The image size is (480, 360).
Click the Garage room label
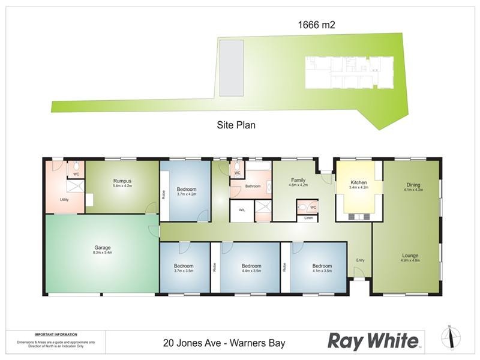[x=102, y=247]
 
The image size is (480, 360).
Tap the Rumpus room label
[x=122, y=181]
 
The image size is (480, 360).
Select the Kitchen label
[x=358, y=182]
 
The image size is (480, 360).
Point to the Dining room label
[x=413, y=185]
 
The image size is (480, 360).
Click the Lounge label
[x=410, y=256]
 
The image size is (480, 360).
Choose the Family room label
[x=298, y=180]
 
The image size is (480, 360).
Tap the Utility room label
[x=64, y=200]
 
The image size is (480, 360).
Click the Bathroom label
[x=253, y=187]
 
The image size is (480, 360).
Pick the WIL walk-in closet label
[x=242, y=210]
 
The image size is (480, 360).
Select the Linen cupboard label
[x=308, y=218]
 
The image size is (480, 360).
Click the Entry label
[x=360, y=260]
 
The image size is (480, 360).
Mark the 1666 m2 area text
[x=316, y=25]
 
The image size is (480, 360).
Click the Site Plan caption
[x=236, y=126]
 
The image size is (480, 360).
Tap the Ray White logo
[x=373, y=341]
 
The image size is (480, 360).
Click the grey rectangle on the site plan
[x=231, y=68]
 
